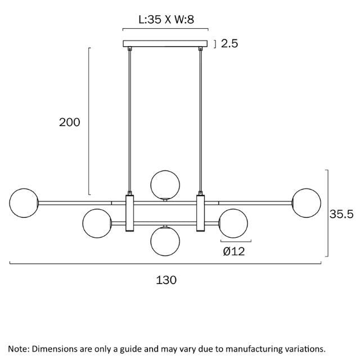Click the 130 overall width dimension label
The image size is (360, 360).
point(166,280)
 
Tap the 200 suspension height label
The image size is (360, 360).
point(70,122)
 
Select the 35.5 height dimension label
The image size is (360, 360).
point(341,214)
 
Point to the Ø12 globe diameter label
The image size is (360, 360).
point(234,251)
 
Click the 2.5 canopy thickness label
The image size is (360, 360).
point(229,43)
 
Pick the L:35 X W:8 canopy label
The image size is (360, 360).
point(166,19)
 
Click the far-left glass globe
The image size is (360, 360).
point(24,203)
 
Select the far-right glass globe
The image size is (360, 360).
point(306,203)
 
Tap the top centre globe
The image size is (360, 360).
point(165,185)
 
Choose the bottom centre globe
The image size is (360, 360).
point(165,241)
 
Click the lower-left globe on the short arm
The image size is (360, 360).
point(97,223)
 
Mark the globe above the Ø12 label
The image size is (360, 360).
point(233,223)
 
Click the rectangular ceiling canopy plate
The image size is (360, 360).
point(165,44)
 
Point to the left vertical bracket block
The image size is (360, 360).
point(130,213)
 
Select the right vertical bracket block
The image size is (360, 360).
point(200,213)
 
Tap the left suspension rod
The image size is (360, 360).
point(130,121)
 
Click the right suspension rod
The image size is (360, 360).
point(201,121)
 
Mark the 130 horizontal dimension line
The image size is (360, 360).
point(165,264)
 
